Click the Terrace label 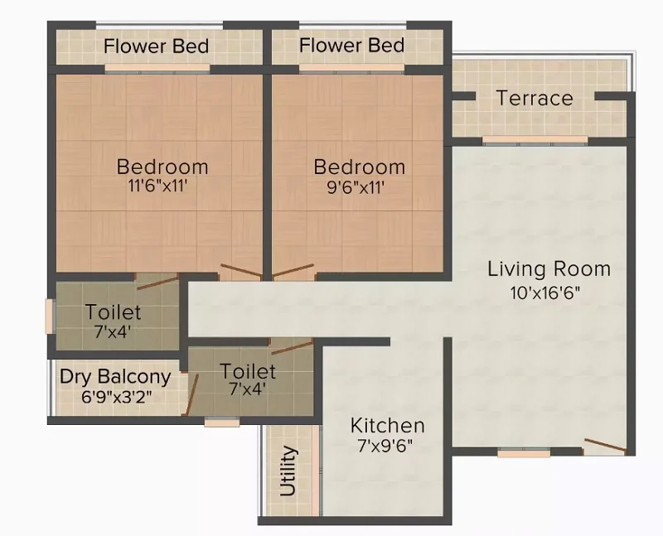535,98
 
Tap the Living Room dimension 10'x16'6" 545,292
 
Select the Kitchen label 387,425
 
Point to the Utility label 288,471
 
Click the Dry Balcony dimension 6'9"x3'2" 116,397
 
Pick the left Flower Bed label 156,46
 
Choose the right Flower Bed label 351,46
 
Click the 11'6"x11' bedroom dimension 157,186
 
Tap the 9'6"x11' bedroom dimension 356,187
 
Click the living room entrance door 605,446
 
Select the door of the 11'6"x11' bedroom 241,271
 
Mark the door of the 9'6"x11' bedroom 293,271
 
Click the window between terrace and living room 535,140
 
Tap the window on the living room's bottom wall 524,454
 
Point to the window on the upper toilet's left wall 50,316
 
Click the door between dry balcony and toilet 191,394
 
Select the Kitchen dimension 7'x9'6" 385,445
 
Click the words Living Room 549,269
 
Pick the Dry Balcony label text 115,377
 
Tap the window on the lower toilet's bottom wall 222,422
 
